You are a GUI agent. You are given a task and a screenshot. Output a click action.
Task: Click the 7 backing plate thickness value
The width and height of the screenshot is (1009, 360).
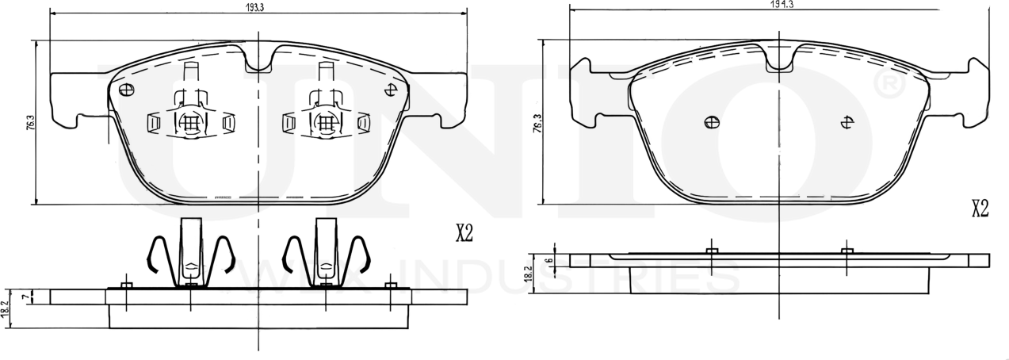click(x=25, y=297)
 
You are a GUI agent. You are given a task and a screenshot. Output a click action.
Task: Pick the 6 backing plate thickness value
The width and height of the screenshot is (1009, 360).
click(x=548, y=260)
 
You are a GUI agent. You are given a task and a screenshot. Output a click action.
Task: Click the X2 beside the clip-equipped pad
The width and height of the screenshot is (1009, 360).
click(x=464, y=233)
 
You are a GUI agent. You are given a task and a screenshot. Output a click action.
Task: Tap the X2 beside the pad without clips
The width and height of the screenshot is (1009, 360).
click(x=980, y=209)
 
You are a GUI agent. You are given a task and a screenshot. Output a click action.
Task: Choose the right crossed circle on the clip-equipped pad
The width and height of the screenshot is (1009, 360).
click(x=390, y=90)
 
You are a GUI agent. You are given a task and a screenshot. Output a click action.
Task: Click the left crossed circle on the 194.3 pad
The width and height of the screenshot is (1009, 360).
click(x=712, y=122)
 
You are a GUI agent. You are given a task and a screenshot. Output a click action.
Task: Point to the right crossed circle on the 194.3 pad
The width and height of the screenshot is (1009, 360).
click(x=847, y=122)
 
